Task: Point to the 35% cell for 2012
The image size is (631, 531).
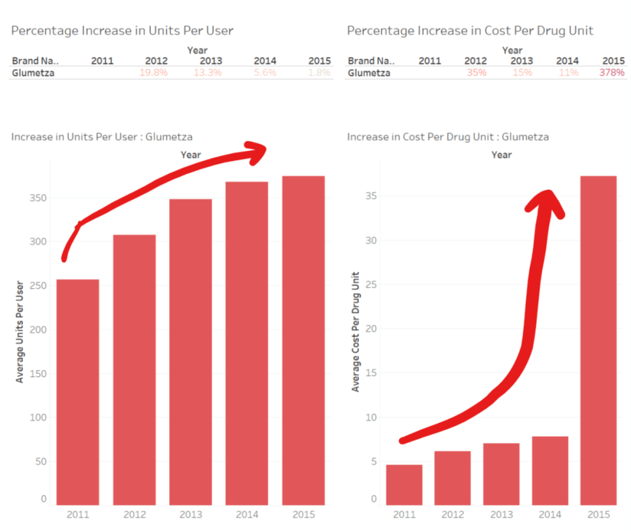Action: click(476, 73)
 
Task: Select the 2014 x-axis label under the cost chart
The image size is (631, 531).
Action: click(550, 514)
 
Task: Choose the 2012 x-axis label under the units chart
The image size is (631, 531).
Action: click(134, 514)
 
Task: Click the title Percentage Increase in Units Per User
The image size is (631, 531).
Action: click(122, 30)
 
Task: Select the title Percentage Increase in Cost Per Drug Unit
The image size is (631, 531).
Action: click(470, 30)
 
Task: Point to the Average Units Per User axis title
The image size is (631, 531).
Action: click(19, 331)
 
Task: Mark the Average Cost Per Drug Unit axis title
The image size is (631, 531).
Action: click(355, 331)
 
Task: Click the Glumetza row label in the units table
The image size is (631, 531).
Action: click(32, 73)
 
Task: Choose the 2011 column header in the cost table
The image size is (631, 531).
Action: click(430, 61)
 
